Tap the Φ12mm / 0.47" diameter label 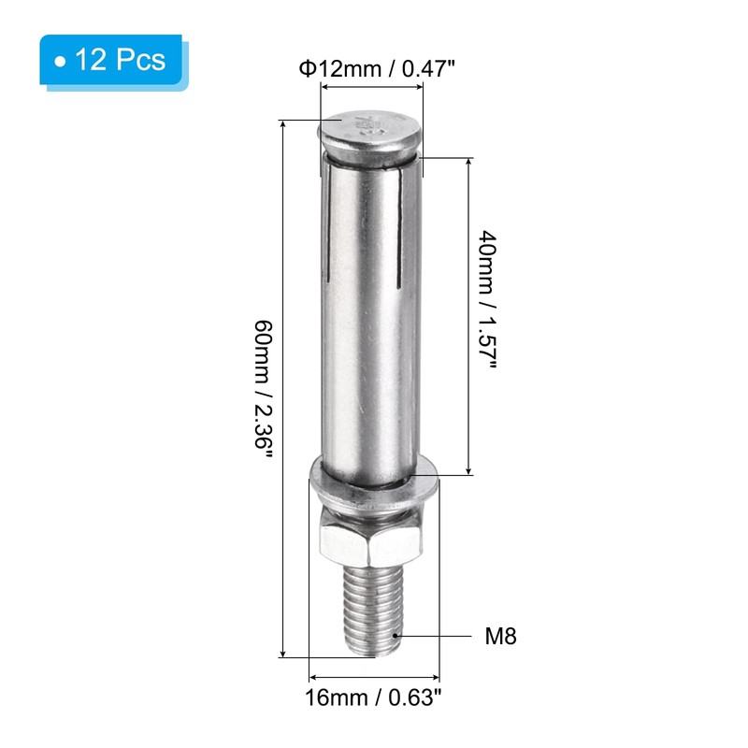click(377, 69)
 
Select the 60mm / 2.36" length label click(264, 390)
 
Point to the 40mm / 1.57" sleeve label click(487, 300)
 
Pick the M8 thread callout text click(500, 636)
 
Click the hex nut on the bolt click(371, 535)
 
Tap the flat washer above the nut click(374, 486)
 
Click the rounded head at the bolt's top click(370, 135)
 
